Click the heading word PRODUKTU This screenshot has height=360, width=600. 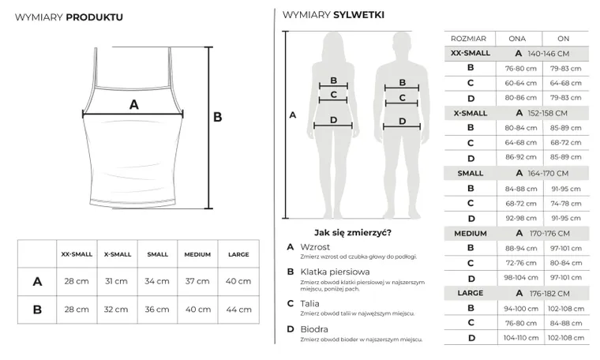tap(94, 16)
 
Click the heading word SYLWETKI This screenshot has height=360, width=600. tap(358, 15)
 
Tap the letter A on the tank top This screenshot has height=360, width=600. tap(133, 104)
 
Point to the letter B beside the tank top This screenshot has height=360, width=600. tap(218, 117)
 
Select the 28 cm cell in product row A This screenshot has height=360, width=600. tap(77, 281)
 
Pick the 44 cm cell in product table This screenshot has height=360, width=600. tap(238, 309)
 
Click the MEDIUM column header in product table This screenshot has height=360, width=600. tap(197, 255)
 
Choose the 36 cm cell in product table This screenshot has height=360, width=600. tap(157, 309)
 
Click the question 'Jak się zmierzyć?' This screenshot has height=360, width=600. tap(353, 232)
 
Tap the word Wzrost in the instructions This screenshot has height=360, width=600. tap(315, 246)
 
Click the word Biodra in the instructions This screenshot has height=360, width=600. tap(313, 329)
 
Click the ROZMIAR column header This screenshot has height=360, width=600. tap(469, 38)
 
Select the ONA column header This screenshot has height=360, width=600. tap(517, 38)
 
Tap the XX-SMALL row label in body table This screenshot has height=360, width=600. tap(470, 53)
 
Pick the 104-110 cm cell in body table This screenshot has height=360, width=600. tap(521, 337)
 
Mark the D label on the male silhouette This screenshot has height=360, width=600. tap(403, 122)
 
